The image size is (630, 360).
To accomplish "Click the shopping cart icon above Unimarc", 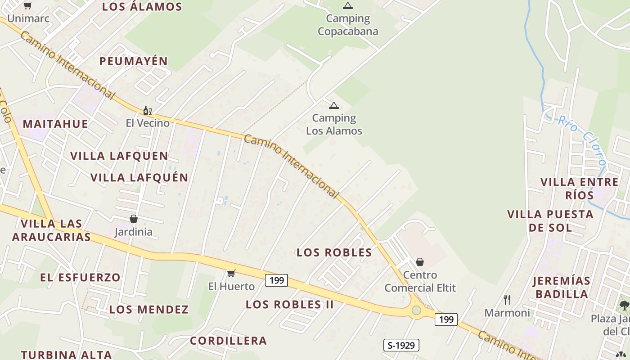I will tap(27, 6).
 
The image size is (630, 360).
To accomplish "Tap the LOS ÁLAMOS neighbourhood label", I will tap(142, 7).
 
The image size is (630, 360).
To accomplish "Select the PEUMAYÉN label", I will tap(134, 61).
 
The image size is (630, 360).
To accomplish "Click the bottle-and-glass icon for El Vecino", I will tap(147, 110).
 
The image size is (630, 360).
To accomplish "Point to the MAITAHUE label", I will tap(55, 124).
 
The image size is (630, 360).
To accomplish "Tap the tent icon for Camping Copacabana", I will tap(347, 6).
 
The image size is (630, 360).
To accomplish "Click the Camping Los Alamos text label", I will tap(334, 125).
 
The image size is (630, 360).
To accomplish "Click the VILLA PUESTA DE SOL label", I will tap(550, 220).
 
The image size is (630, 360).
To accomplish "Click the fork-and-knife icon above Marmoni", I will tap(507, 300).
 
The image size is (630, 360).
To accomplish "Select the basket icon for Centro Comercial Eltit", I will tap(420, 262).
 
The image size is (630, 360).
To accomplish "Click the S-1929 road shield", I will tap(401, 345).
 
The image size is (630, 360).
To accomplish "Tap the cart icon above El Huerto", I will tap(231, 273).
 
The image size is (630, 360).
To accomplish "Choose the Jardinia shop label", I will tap(133, 232).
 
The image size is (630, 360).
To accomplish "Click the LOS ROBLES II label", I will tap(289, 305).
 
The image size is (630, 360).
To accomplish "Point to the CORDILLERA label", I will tap(228, 341).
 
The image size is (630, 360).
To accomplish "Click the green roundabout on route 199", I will tap(416, 310).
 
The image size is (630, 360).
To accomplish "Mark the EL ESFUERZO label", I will tap(81, 278).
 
